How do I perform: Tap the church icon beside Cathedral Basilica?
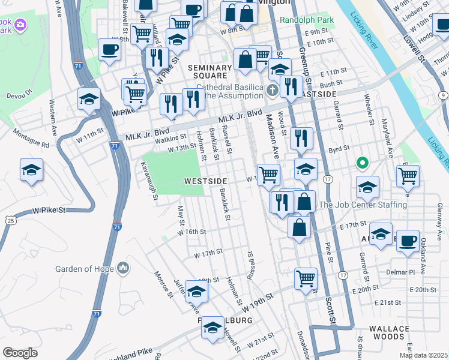click(x=273, y=91)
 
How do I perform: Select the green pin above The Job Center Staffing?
click(x=361, y=163)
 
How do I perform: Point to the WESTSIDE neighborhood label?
click(x=205, y=180)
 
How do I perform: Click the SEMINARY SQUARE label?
click(x=209, y=71)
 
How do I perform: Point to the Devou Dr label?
click(x=19, y=93)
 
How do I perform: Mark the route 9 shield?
click(x=442, y=95)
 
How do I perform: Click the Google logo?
click(x=20, y=353)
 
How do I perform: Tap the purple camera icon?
click(x=20, y=25)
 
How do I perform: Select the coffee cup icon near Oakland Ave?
click(x=408, y=240)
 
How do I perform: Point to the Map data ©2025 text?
click(x=423, y=355)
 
